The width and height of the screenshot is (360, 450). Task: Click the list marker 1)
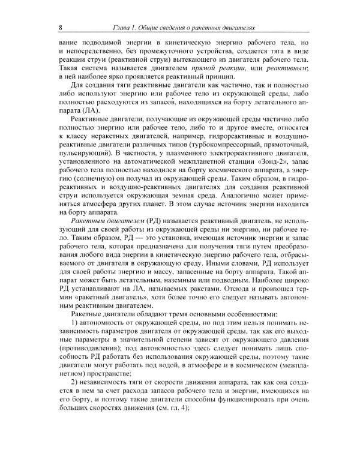[x=74, y=322]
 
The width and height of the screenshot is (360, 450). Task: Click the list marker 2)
[x=74, y=381]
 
